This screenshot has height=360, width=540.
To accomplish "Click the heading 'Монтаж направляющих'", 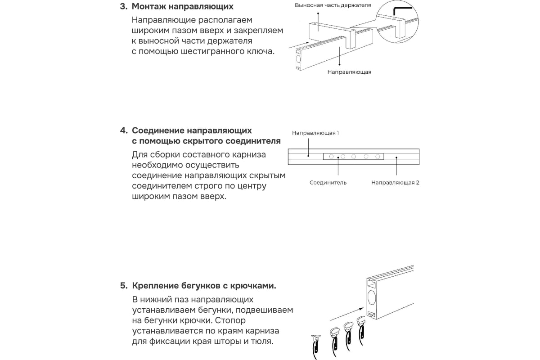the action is (x=183, y=6).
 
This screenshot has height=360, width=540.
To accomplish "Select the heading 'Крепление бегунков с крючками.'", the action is (x=204, y=286).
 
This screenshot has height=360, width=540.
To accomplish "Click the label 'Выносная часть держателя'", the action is (x=333, y=5).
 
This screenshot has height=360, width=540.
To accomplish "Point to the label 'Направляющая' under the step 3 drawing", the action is (x=349, y=72).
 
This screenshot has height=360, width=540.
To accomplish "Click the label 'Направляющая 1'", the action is (x=315, y=133).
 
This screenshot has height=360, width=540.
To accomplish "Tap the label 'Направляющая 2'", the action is (x=395, y=183).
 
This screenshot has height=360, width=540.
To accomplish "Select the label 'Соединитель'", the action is (x=328, y=183).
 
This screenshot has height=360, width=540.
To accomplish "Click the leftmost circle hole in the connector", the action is (x=331, y=157).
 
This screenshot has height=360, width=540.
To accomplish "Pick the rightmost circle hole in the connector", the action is (x=378, y=157).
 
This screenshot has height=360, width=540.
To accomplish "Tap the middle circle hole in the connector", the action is (x=354, y=157).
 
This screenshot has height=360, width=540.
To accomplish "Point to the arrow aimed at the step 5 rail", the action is (x=346, y=314).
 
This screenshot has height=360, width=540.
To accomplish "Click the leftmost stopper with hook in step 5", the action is (x=315, y=346).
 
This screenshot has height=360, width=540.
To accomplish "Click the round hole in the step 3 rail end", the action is (x=298, y=59).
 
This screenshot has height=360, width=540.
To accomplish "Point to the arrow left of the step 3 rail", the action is (x=299, y=45).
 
